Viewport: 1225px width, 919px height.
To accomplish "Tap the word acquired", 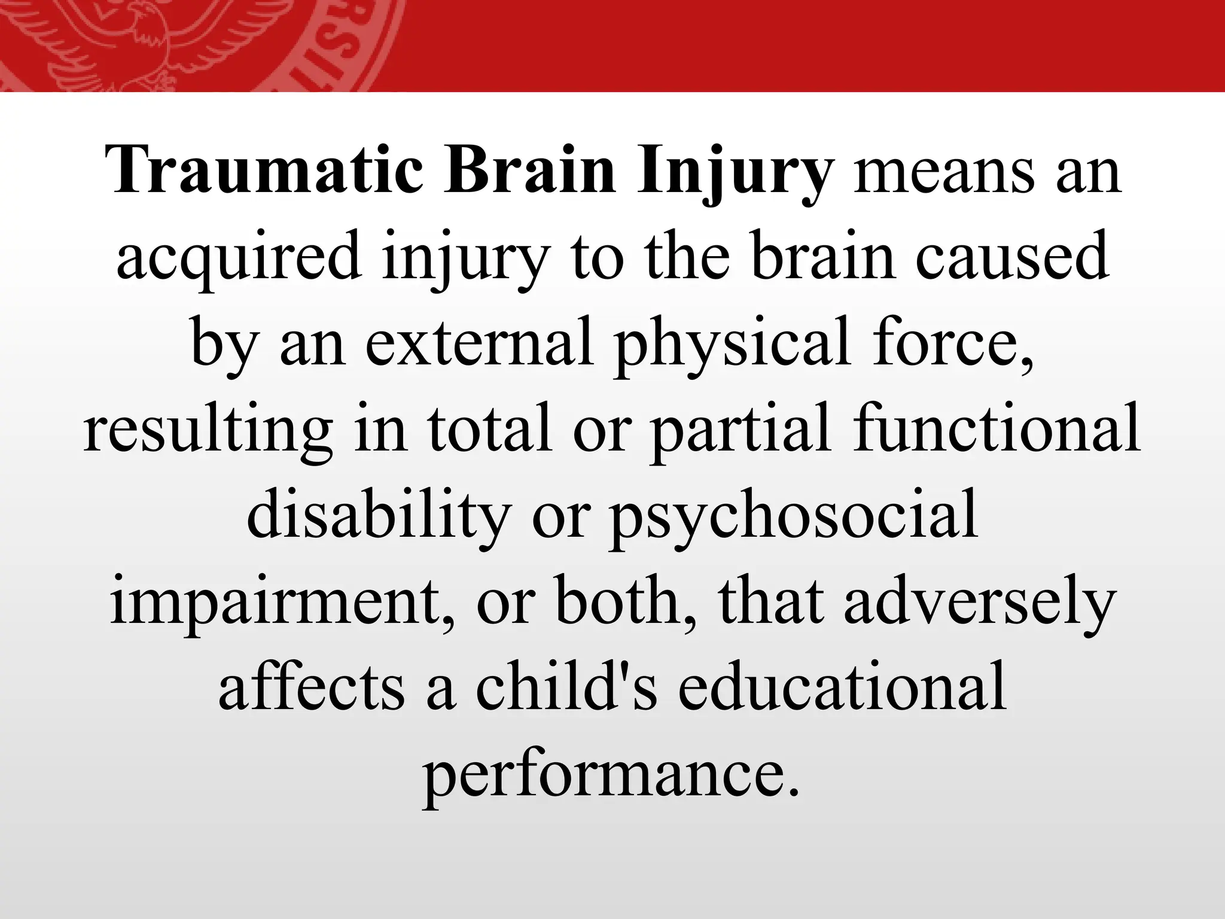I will pyautogui.click(x=239, y=258).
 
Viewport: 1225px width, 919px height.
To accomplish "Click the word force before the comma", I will pyautogui.click(x=945, y=343).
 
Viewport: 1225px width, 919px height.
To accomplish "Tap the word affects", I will pyautogui.click(x=312, y=687).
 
